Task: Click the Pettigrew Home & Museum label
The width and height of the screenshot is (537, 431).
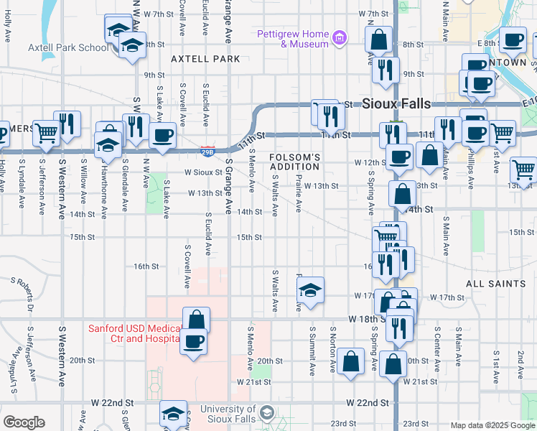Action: (x=294, y=39)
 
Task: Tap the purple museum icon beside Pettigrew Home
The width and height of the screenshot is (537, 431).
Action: (x=340, y=37)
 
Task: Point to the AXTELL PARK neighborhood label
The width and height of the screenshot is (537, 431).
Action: (x=205, y=58)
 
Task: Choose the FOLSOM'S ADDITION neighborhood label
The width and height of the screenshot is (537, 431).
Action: (x=294, y=162)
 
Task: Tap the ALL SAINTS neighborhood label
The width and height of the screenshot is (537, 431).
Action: (x=495, y=284)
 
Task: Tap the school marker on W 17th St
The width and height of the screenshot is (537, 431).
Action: (x=309, y=290)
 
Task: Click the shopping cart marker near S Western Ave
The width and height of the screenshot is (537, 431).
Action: (x=47, y=132)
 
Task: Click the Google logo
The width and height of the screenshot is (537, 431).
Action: (x=24, y=422)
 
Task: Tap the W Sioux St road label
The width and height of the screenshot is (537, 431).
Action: (x=202, y=172)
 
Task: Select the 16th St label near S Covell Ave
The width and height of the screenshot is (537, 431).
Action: (x=146, y=267)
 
